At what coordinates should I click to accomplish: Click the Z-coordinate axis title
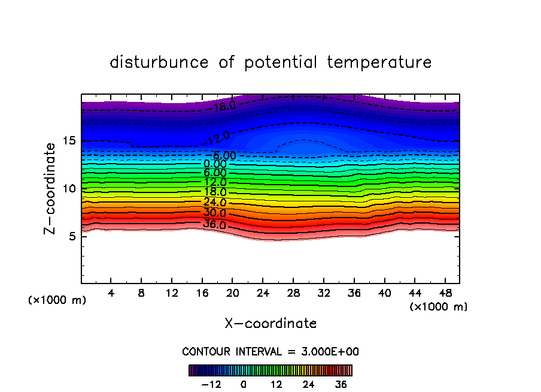(51, 188)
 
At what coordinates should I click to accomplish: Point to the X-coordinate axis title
(270, 324)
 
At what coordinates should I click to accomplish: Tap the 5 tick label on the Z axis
(71, 236)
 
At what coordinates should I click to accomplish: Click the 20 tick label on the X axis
(232, 294)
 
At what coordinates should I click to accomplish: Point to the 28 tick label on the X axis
(293, 294)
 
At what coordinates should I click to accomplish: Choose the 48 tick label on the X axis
(445, 294)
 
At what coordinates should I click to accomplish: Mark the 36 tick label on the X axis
(354, 294)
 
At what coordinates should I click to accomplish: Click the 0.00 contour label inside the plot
(215, 164)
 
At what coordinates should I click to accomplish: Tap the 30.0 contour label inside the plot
(215, 213)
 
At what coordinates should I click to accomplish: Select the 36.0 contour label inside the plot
(215, 225)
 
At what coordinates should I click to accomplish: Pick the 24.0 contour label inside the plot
(215, 203)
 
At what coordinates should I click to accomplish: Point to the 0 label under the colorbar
(244, 385)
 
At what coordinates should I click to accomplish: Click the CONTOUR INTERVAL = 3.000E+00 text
(270, 352)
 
